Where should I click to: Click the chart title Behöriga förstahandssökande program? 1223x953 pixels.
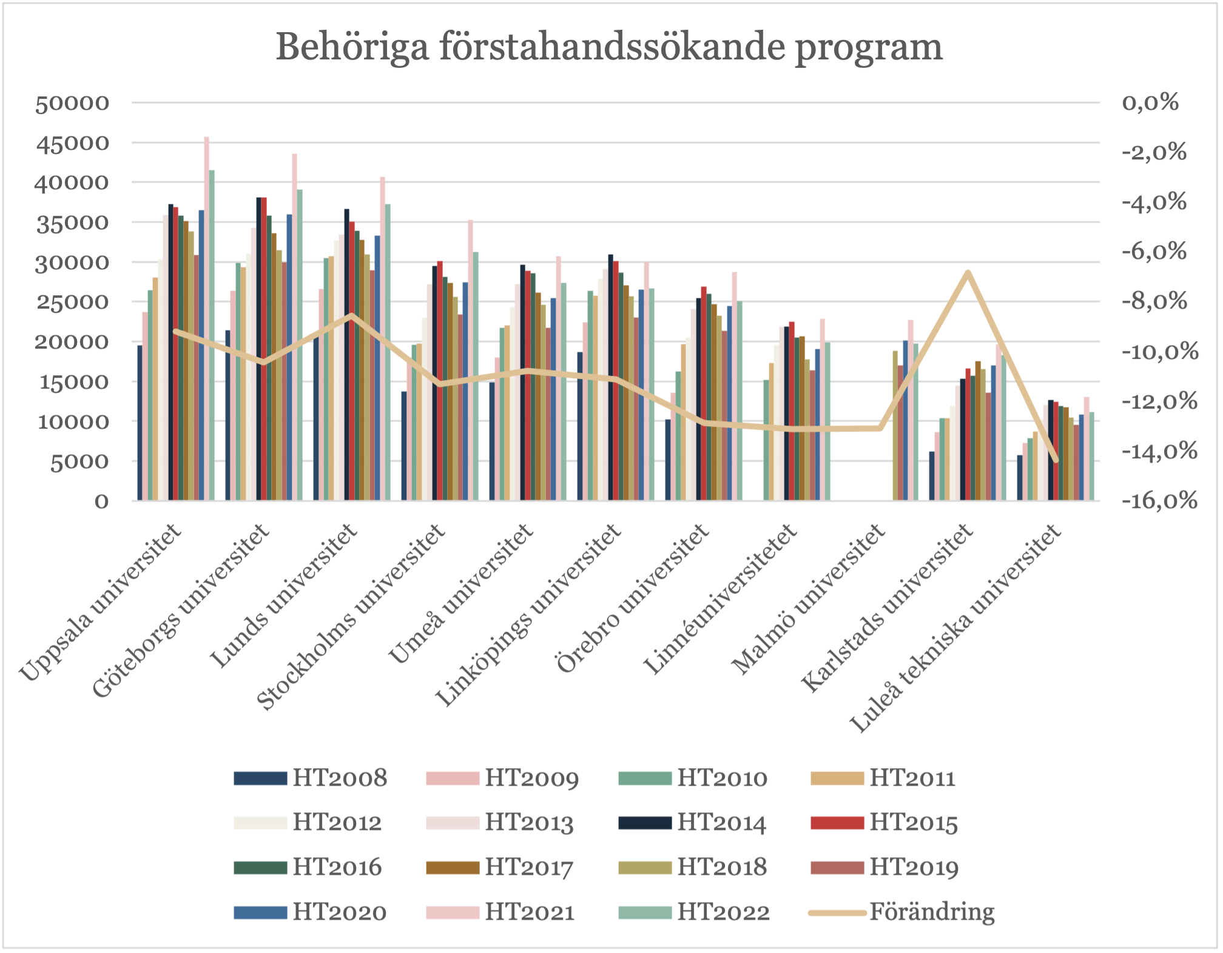click(x=609, y=47)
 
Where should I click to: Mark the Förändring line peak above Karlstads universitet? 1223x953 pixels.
click(x=968, y=272)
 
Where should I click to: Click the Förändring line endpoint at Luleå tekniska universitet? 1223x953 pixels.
click(x=1056, y=461)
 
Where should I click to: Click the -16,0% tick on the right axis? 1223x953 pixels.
click(x=1159, y=501)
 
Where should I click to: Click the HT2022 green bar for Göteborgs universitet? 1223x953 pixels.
click(x=299, y=346)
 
